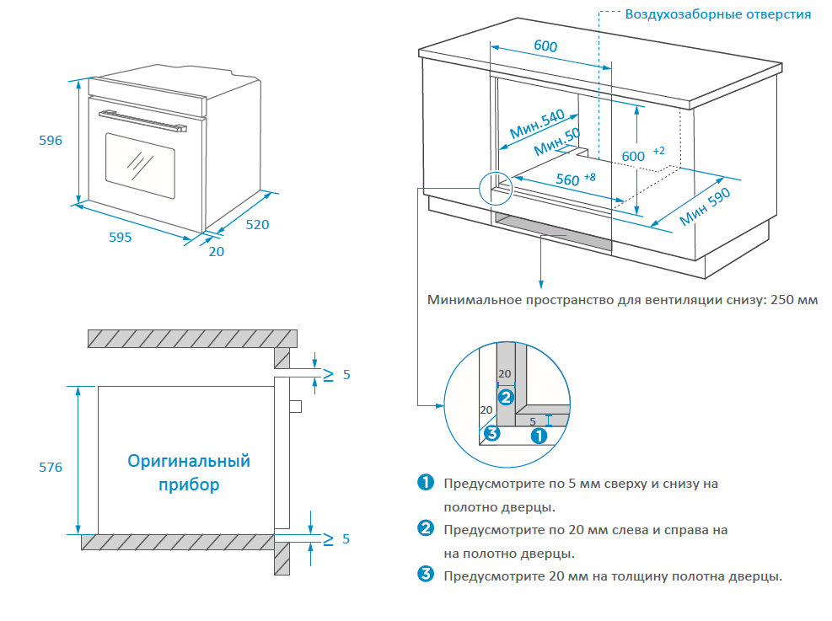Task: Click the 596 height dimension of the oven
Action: click(x=51, y=141)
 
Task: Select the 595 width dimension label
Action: click(x=121, y=237)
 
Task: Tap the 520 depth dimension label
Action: click(x=258, y=225)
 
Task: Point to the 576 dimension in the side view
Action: click(x=51, y=467)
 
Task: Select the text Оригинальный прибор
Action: click(x=189, y=473)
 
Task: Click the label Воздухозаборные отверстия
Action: click(x=717, y=13)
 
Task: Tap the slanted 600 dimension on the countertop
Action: click(x=545, y=46)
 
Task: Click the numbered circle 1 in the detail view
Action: click(x=539, y=435)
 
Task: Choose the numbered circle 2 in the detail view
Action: click(x=506, y=396)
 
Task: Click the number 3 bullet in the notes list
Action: click(x=426, y=575)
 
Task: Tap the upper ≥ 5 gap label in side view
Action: click(x=335, y=374)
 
